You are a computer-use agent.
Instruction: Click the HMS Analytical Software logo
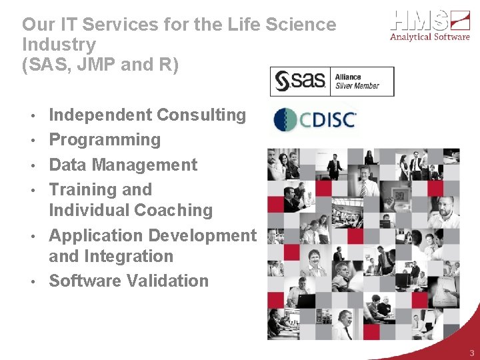click(431, 26)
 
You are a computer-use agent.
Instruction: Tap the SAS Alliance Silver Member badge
click(331, 81)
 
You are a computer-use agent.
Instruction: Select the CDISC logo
click(315, 120)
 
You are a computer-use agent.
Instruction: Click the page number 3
click(471, 353)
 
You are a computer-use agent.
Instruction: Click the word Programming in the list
click(105, 140)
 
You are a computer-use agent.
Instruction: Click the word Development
click(202, 235)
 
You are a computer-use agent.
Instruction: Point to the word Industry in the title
click(59, 45)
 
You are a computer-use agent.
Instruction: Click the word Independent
click(101, 115)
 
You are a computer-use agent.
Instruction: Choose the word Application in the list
click(95, 235)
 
